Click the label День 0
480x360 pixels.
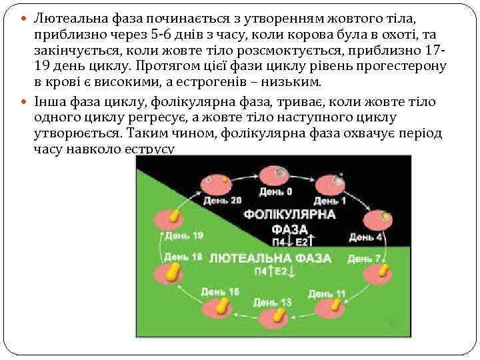point(275,192)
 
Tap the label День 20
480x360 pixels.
point(222,199)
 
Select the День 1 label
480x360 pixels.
point(329,201)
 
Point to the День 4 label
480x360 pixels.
point(365,237)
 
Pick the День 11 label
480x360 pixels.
point(327,293)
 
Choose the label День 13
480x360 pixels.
point(273,302)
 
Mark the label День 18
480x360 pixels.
point(183,257)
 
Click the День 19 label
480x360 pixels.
point(184,235)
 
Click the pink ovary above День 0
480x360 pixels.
point(276,175)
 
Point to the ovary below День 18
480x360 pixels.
point(170,273)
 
